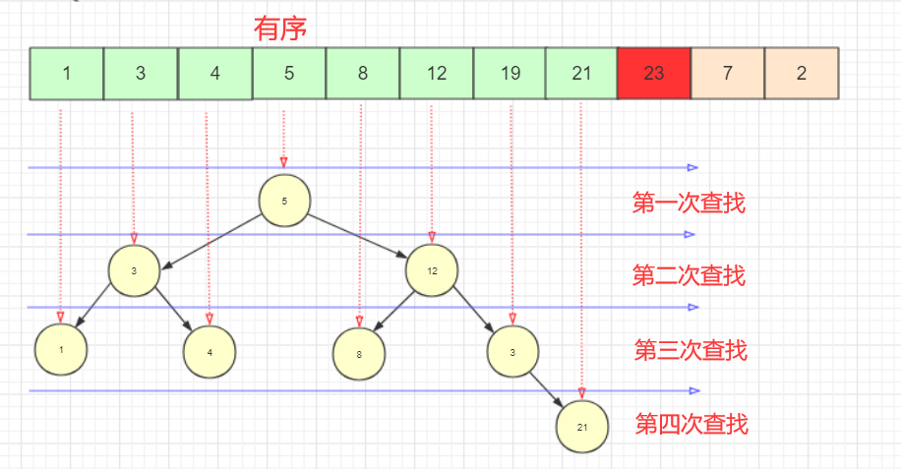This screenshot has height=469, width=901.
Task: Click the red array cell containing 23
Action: (x=653, y=73)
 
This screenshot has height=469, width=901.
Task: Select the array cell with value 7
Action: (x=728, y=73)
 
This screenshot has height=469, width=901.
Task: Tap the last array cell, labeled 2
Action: (x=802, y=73)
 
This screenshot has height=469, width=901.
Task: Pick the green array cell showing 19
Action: (x=510, y=73)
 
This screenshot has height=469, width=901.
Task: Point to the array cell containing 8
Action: (x=363, y=73)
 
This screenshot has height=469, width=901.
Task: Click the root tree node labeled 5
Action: (x=284, y=201)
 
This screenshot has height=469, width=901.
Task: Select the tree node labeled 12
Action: (x=432, y=271)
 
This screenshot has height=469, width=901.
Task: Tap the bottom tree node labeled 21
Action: (x=581, y=427)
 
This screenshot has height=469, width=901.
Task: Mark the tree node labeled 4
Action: (x=210, y=350)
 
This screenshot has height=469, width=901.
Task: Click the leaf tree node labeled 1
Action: (x=60, y=349)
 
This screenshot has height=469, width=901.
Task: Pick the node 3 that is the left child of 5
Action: (x=134, y=271)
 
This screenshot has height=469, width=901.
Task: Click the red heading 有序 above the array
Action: (x=280, y=29)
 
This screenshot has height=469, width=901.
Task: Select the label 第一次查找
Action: (x=688, y=204)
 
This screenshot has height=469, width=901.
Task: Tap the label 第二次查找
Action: (x=688, y=276)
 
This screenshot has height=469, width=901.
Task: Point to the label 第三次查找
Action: (x=691, y=350)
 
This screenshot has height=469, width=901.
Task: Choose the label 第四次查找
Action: (x=691, y=425)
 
